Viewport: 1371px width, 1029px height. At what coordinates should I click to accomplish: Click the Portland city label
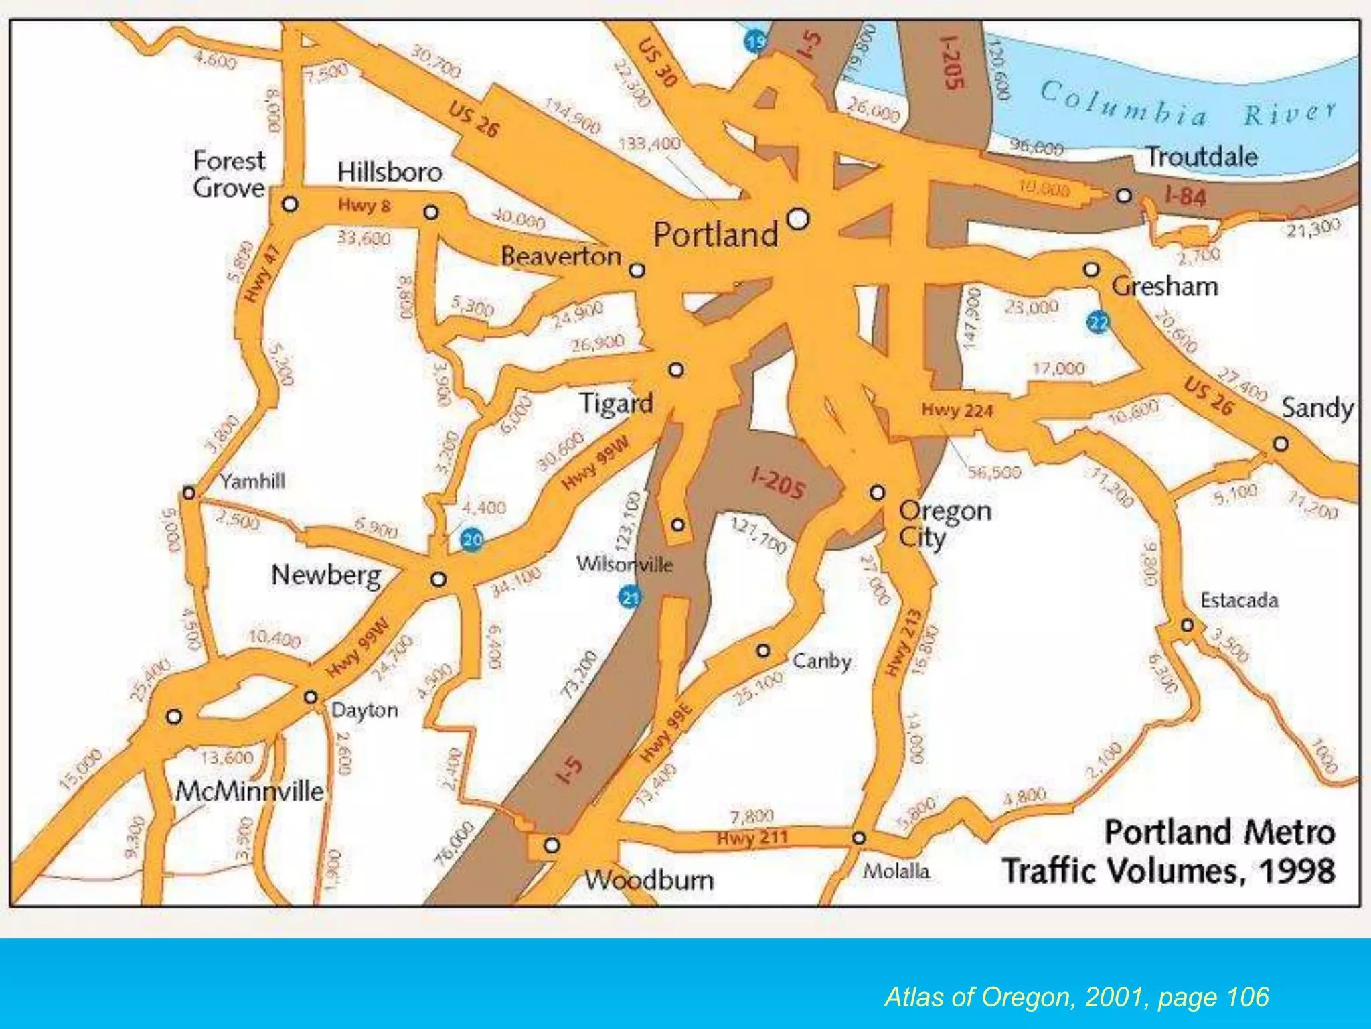tap(715, 234)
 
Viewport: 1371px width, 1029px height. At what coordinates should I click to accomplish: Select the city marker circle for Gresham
tap(1091, 269)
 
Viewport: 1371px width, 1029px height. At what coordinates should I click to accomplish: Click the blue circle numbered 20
tap(473, 539)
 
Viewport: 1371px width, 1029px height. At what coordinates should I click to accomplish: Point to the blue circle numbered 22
tap(1098, 323)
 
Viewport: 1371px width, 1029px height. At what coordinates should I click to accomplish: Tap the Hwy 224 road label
tap(957, 410)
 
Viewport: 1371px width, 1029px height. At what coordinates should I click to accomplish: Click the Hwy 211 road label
tap(752, 838)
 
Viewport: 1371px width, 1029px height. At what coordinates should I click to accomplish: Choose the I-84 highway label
tap(1185, 196)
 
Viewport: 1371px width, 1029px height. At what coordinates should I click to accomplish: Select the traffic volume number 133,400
tap(649, 144)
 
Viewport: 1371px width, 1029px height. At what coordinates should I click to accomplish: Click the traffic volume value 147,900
tap(972, 318)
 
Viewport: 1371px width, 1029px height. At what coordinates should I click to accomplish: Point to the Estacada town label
tap(1239, 600)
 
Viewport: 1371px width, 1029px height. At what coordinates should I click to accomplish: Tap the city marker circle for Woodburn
tap(552, 845)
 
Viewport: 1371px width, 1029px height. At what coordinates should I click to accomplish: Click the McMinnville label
tap(249, 791)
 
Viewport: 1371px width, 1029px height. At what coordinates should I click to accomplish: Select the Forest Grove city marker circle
tap(290, 203)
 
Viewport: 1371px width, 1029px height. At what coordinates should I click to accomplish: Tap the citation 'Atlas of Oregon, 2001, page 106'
tap(1076, 997)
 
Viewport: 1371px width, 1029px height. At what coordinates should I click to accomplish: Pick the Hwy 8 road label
tap(364, 205)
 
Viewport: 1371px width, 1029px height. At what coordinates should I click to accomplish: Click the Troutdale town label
tap(1201, 157)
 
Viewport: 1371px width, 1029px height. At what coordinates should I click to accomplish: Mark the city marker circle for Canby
tap(763, 650)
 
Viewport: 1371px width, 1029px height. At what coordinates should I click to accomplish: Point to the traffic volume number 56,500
tap(994, 473)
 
